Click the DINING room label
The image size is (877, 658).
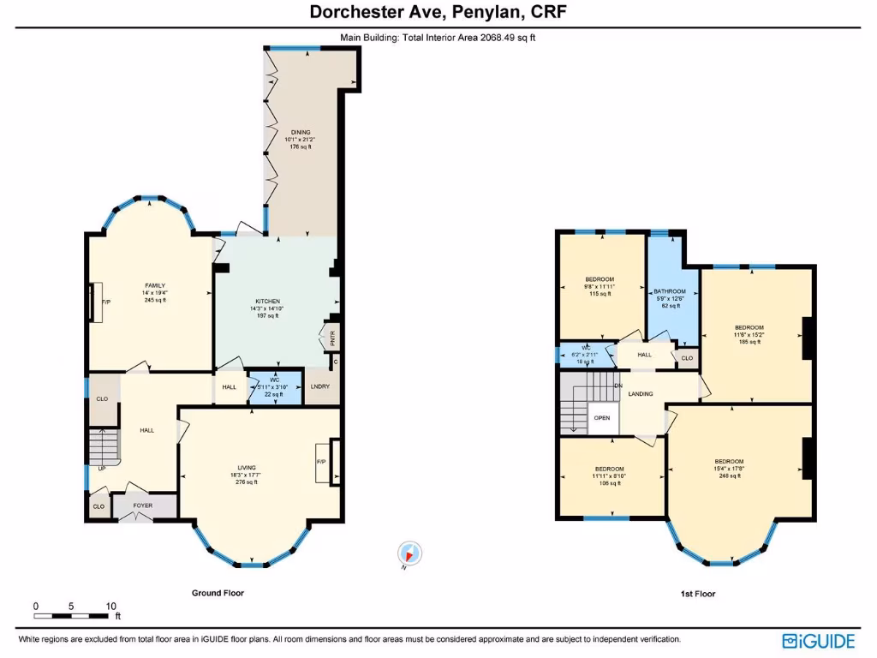tap(299, 132)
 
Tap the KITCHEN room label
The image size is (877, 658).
tap(267, 302)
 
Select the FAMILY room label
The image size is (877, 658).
tap(154, 285)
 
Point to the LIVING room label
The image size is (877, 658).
tap(246, 468)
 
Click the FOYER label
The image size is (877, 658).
tap(142, 505)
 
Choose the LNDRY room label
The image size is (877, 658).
tap(319, 386)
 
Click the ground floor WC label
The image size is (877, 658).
tap(275, 380)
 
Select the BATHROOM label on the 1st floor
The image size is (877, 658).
tap(670, 291)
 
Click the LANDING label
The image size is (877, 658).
tap(640, 394)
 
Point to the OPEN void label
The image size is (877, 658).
tap(602, 418)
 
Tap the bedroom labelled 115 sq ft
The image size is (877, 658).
tap(600, 279)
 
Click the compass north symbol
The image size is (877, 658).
tap(409, 554)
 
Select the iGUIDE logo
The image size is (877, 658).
tap(820, 640)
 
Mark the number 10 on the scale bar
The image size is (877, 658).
tap(110, 606)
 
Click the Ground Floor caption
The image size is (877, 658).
tap(217, 593)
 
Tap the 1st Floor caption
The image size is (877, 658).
tap(698, 594)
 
